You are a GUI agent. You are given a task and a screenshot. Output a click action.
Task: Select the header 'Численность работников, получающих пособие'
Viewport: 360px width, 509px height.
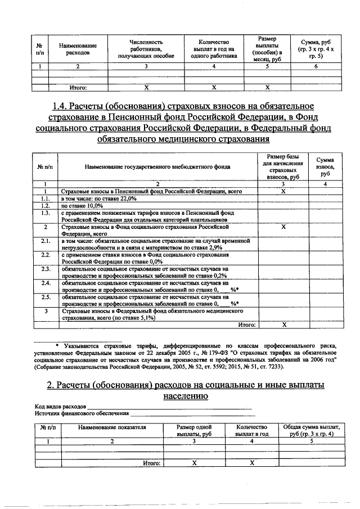coord(146,49)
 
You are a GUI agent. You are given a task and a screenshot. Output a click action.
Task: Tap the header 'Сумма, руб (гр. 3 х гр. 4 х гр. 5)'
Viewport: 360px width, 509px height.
coord(316,49)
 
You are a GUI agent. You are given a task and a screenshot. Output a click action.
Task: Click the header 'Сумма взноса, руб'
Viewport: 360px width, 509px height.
coord(325,167)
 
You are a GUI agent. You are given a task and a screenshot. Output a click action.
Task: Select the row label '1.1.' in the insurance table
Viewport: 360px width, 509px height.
coord(45,199)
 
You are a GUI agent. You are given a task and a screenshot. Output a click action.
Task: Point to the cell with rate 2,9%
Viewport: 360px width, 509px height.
coord(155,244)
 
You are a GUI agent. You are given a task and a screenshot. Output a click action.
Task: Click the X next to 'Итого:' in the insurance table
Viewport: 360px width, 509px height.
coord(283,325)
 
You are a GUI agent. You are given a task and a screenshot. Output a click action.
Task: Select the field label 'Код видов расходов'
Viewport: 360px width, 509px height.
coord(60,406)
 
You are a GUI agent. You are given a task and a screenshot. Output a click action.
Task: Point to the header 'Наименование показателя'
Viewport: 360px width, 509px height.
coord(112,427)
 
